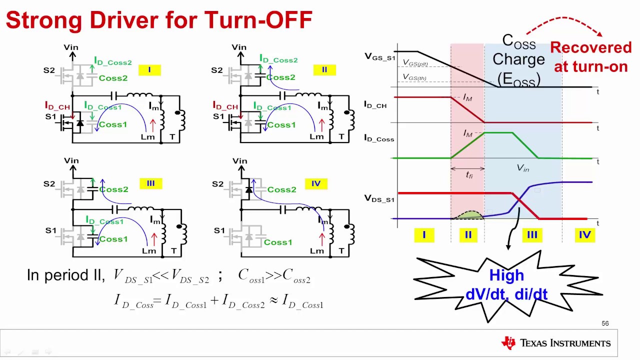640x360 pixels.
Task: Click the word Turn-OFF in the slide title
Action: coord(258,20)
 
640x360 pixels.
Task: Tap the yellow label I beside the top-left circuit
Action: coord(149,70)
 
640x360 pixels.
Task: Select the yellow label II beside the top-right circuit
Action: coord(324,70)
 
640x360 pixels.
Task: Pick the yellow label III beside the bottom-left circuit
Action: coord(150,183)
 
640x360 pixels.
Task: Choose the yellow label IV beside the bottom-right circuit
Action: coord(316,183)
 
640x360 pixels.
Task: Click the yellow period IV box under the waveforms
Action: coord(584,234)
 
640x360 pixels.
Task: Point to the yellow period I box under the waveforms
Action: coord(424,234)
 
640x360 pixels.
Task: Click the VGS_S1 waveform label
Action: coord(379,57)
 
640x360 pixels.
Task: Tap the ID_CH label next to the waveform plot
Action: coord(375,105)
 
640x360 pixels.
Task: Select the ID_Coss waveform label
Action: coord(379,138)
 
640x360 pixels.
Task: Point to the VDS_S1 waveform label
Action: coord(379,198)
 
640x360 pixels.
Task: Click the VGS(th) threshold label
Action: coord(414,77)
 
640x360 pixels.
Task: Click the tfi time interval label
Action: coord(469,175)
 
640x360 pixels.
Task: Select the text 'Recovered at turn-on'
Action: coord(590,57)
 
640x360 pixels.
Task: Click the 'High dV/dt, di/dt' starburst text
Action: coord(506,284)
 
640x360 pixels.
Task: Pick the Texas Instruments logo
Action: coord(555,343)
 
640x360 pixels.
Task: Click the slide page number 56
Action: coord(605,323)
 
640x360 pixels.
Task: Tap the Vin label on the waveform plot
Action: coord(522,168)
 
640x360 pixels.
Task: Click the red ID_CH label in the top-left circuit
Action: coord(57,105)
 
